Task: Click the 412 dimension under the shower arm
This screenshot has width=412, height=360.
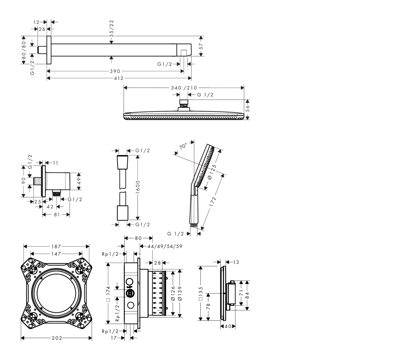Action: (119, 78)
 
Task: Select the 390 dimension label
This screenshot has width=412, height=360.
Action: (115, 71)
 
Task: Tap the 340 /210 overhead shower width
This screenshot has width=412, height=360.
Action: (184, 88)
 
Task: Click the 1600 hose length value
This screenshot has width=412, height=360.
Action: (138, 187)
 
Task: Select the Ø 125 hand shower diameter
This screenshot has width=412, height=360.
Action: (212, 172)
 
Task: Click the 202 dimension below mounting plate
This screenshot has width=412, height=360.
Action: (57, 338)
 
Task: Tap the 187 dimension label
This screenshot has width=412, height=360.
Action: (56, 246)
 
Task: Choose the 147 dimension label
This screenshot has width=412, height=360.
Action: (56, 254)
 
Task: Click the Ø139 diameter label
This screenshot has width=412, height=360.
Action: (179, 293)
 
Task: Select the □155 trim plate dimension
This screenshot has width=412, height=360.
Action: (200, 294)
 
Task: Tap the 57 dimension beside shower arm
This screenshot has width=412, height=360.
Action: (201, 46)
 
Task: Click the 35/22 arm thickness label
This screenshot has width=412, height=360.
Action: (112, 27)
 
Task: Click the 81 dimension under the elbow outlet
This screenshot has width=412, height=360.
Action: (57, 215)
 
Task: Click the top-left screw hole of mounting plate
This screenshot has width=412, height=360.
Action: (33, 270)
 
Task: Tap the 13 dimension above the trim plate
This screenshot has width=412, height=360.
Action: (236, 262)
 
